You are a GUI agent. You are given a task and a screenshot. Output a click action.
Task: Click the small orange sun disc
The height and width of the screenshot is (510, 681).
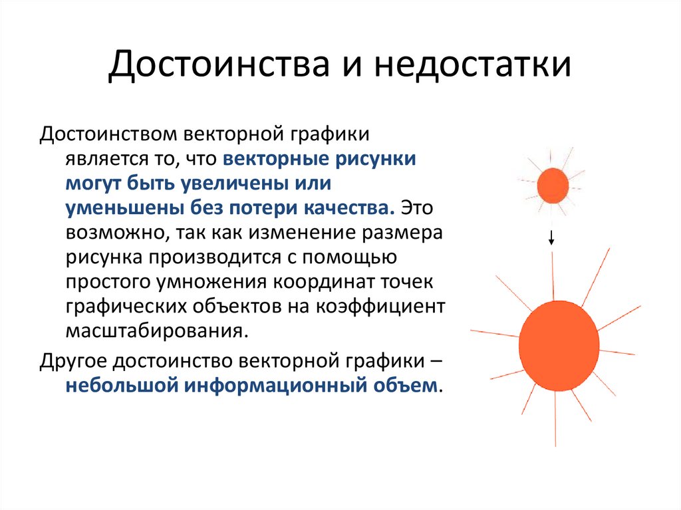(553, 186)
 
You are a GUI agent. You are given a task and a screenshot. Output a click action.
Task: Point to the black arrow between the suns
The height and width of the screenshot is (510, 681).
(551, 237)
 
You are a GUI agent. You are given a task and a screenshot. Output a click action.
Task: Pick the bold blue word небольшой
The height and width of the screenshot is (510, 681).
(116, 386)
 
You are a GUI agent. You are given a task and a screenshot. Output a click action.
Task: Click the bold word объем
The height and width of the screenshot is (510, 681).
(406, 386)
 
